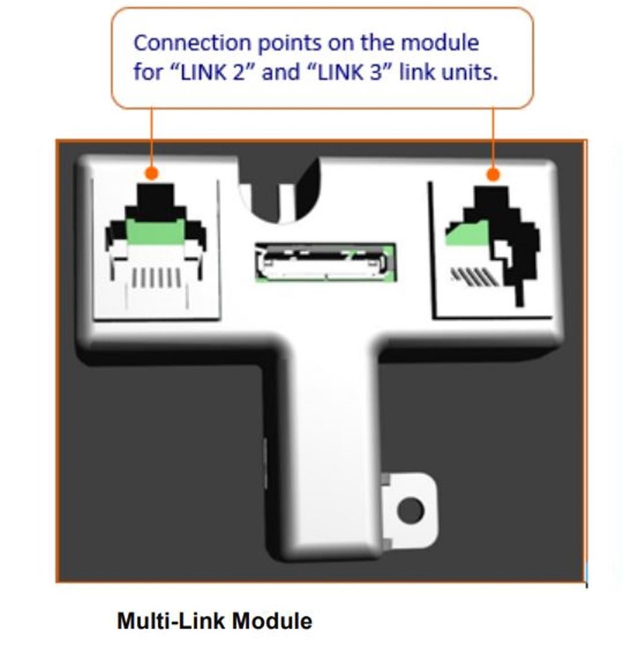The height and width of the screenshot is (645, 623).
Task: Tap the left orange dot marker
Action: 151,174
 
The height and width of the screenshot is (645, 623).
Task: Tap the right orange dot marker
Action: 493,174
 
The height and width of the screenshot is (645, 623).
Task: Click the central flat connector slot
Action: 324,262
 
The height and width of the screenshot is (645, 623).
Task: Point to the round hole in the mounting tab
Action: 410,510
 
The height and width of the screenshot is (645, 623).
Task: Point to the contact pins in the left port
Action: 156,278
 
